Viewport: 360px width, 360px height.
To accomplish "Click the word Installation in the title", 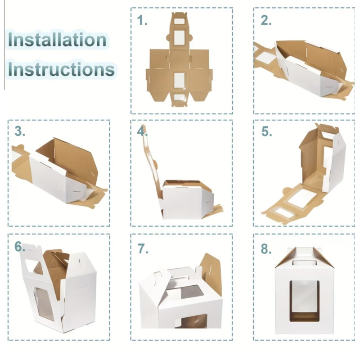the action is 57,40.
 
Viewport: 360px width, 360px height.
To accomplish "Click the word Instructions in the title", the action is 61,69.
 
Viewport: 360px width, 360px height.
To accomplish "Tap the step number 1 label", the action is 142,20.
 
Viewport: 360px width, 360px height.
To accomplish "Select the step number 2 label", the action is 266,20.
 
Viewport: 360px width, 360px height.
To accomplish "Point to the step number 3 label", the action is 20,131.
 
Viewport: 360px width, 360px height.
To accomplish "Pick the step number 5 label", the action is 266,131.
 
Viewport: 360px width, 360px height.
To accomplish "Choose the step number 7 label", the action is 143,248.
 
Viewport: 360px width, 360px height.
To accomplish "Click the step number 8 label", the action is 266,249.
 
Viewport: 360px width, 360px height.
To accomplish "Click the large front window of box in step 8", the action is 305,301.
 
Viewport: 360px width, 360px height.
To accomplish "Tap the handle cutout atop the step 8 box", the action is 305,263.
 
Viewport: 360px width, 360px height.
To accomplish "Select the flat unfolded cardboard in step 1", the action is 179,60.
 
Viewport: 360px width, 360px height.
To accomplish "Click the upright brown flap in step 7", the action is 211,273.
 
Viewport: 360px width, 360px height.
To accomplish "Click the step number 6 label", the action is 19,247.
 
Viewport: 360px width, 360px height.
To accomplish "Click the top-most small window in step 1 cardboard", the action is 181,21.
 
